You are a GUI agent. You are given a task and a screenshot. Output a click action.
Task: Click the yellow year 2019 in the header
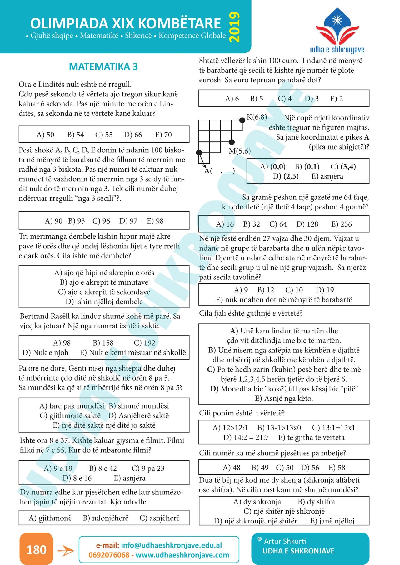coord(235,27)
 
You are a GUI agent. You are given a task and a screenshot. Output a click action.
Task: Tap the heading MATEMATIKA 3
coord(103,66)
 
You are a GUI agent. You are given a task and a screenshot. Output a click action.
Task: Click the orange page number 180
coord(36,549)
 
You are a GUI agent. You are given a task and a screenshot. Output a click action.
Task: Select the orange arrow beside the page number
coord(66,551)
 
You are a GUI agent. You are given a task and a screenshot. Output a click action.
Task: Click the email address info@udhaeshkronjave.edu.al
coord(171,545)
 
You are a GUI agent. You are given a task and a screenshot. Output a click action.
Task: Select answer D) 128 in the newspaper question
coord(307,224)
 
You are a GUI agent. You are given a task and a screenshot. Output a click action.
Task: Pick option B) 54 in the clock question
coord(76,135)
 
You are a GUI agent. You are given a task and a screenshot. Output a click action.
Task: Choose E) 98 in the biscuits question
coord(155,221)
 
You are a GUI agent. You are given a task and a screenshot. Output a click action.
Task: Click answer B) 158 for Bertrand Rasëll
coord(103,343)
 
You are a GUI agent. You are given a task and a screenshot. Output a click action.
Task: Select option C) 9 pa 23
coord(148,468)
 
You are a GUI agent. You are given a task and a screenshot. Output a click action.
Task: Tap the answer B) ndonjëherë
coord(106,518)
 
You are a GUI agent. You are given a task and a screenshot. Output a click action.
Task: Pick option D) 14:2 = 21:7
coord(246,437)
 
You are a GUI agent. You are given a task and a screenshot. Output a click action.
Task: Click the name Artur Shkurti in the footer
coord(285,541)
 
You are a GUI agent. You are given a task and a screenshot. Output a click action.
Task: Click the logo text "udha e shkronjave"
coord(337,50)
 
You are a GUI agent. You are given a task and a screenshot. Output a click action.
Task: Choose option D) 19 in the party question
coord(325,290)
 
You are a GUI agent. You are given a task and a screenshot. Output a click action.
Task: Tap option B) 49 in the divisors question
coord(260,468)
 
